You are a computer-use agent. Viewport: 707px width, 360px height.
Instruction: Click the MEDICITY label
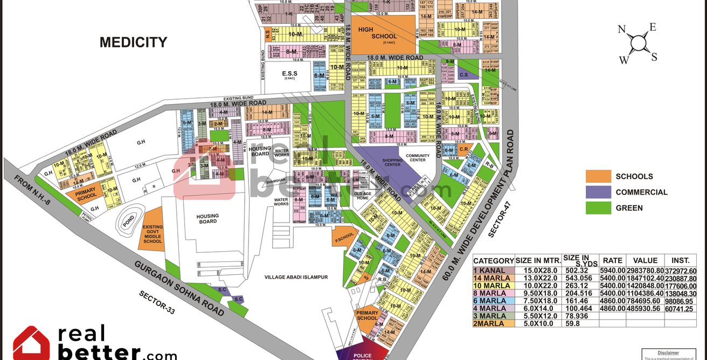pyautogui.click(x=133, y=43)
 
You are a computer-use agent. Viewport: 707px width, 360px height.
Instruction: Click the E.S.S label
pyautogui.click(x=289, y=73)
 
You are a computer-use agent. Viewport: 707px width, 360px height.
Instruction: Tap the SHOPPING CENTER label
pyautogui.click(x=393, y=162)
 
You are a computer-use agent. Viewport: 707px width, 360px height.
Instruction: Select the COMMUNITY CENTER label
pyautogui.click(x=418, y=157)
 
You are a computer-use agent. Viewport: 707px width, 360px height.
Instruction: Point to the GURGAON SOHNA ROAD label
pyautogui.click(x=178, y=288)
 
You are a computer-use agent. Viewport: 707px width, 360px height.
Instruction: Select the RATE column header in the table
pyautogui.click(x=613, y=260)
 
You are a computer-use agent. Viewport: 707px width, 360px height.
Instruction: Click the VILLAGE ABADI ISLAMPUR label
pyautogui.click(x=296, y=277)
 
